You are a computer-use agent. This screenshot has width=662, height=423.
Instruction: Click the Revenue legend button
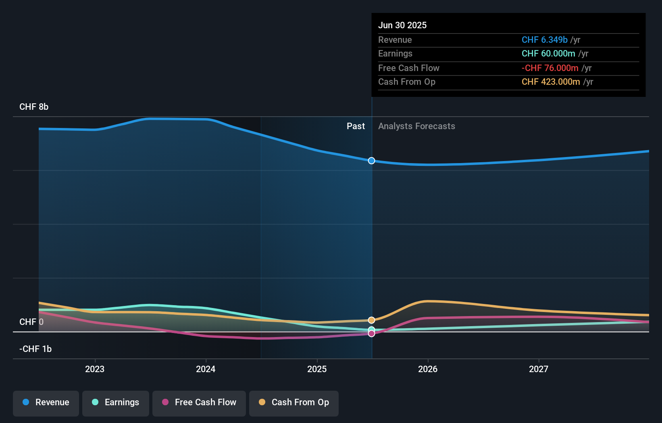point(46,403)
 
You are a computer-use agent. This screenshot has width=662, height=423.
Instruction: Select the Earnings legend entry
point(116,403)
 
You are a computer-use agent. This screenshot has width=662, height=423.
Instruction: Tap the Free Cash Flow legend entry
point(199,403)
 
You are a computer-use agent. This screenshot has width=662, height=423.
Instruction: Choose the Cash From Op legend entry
point(294,403)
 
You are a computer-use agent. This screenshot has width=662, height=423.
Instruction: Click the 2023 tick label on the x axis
point(95,369)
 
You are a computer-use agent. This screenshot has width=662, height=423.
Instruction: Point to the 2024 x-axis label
point(206,369)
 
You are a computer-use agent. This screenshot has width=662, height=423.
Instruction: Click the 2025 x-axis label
point(317,369)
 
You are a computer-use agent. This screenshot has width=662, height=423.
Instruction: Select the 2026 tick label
point(428,369)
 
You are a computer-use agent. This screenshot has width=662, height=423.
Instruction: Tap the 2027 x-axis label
point(539,369)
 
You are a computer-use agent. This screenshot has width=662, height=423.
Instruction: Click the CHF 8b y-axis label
point(34,107)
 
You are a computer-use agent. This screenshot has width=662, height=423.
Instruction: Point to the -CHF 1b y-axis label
point(35,349)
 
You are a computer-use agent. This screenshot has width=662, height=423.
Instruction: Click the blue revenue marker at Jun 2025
point(371,161)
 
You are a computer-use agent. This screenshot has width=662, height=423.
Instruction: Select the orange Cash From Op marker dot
point(371,320)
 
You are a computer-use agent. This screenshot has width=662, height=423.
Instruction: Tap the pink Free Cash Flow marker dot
point(371,334)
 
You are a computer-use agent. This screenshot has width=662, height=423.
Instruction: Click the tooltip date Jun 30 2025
point(402,25)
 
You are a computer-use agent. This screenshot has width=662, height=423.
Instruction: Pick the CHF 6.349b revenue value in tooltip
point(544,40)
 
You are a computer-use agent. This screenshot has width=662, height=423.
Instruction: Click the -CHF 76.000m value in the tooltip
point(550,68)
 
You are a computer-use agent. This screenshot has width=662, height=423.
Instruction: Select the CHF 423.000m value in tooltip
point(551,82)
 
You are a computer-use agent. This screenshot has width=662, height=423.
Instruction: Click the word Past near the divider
point(356,126)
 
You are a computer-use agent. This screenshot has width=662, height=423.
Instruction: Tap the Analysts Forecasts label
point(416,126)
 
